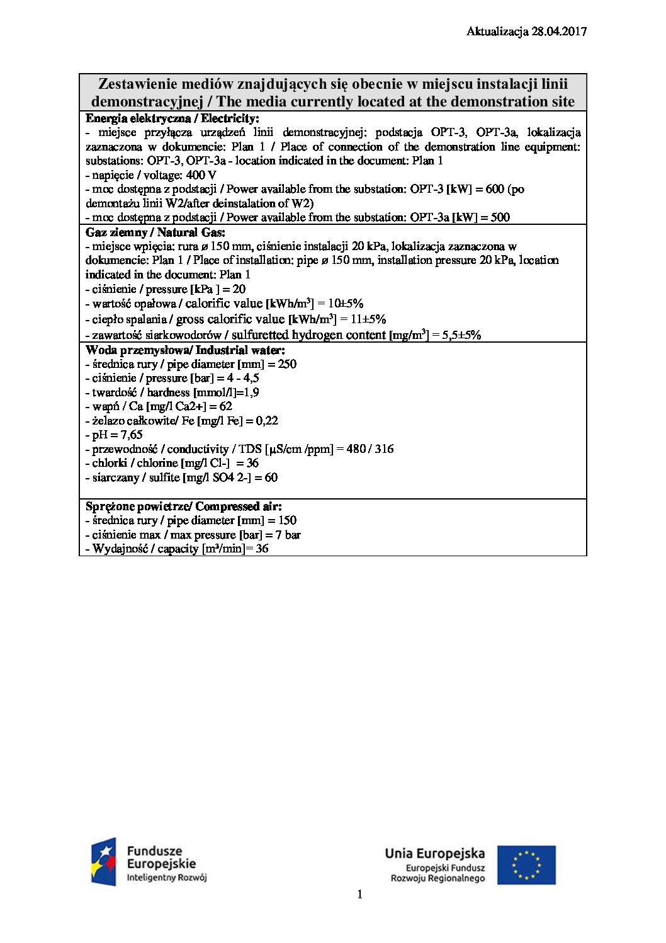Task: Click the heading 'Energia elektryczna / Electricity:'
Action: tap(172, 118)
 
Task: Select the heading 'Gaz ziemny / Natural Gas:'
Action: tap(155, 232)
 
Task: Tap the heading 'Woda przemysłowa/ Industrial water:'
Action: tap(185, 350)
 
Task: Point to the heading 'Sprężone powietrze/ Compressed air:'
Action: tap(183, 506)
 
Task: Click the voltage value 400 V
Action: tap(201, 174)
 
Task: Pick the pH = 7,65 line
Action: tap(114, 435)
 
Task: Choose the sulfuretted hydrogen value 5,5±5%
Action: tap(461, 334)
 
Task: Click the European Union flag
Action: tap(526, 864)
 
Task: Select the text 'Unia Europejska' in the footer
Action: tap(434, 854)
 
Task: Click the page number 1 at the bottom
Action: tap(359, 894)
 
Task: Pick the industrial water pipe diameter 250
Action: tap(287, 363)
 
